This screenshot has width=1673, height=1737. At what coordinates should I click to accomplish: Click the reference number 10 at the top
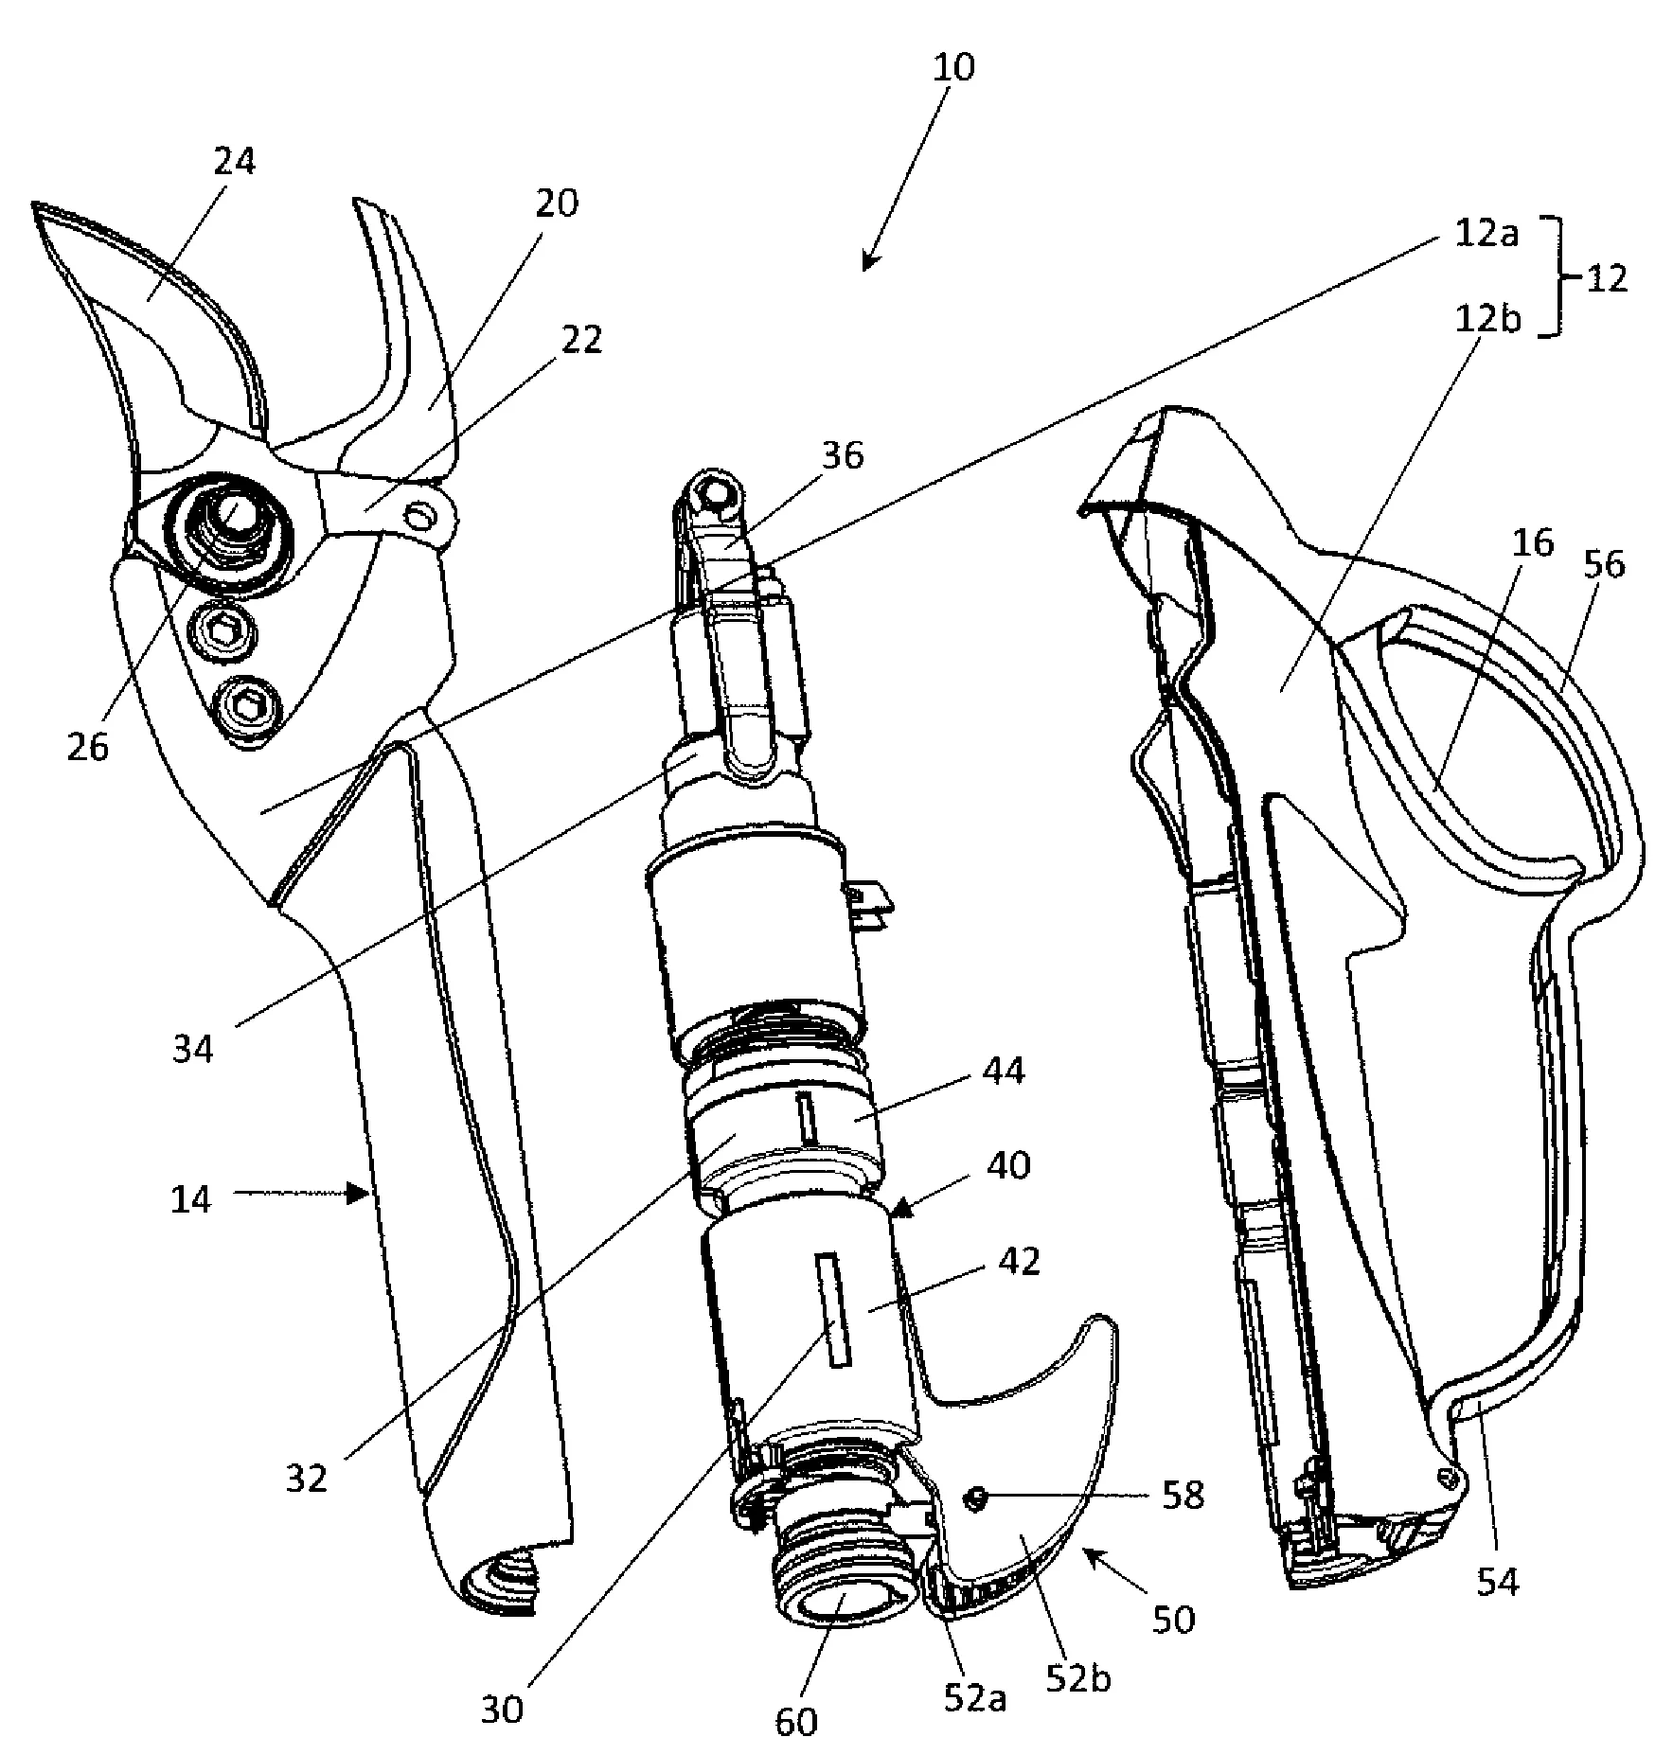953,68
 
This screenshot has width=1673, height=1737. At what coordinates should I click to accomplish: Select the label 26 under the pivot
87,747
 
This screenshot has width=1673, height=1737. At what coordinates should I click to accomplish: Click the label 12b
1486,320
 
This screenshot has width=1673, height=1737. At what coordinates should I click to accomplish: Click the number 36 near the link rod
842,455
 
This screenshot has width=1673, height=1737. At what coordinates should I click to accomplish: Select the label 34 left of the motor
193,1049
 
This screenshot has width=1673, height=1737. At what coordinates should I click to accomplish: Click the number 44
1004,1072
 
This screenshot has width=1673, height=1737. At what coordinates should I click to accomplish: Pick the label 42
1019,1262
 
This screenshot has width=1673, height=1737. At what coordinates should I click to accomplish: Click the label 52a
973,1697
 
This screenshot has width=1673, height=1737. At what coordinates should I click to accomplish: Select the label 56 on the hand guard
1602,564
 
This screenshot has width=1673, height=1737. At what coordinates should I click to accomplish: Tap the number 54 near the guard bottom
1498,1582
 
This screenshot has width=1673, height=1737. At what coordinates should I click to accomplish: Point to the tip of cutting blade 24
36,205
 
